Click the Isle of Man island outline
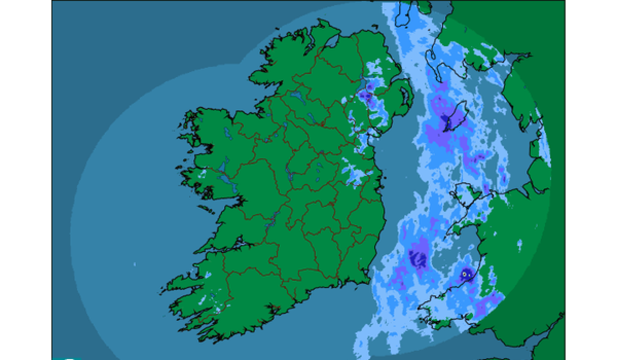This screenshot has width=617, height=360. pos(454,117)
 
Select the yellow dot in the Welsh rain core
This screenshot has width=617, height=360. pos(465,275)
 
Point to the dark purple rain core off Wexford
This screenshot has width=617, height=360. pos(419,258)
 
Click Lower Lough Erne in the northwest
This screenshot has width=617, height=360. pos(297,95)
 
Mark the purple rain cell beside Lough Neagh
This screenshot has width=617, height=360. pos(365,96)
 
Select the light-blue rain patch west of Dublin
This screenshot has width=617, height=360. pos(355,175)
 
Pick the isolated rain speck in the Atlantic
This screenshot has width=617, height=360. pos(135,264)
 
